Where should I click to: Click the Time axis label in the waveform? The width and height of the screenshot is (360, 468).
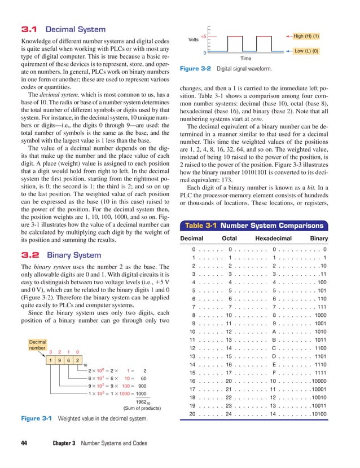(x=246, y=58)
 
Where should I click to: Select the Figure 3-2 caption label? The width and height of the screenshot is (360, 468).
(x=195, y=69)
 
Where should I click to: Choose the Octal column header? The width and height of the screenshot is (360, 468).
(x=229, y=239)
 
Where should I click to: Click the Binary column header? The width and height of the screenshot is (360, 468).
(x=319, y=239)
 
